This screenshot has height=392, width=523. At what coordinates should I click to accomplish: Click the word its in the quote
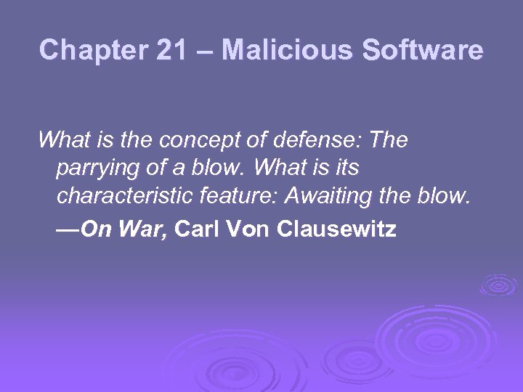pyautogui.click(x=345, y=168)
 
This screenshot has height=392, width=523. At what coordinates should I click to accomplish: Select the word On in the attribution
pyautogui.click(x=93, y=230)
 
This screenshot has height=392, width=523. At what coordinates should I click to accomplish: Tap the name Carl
pyautogui.click(x=198, y=230)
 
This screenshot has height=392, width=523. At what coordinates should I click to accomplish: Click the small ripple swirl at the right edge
pyautogui.click(x=498, y=285)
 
